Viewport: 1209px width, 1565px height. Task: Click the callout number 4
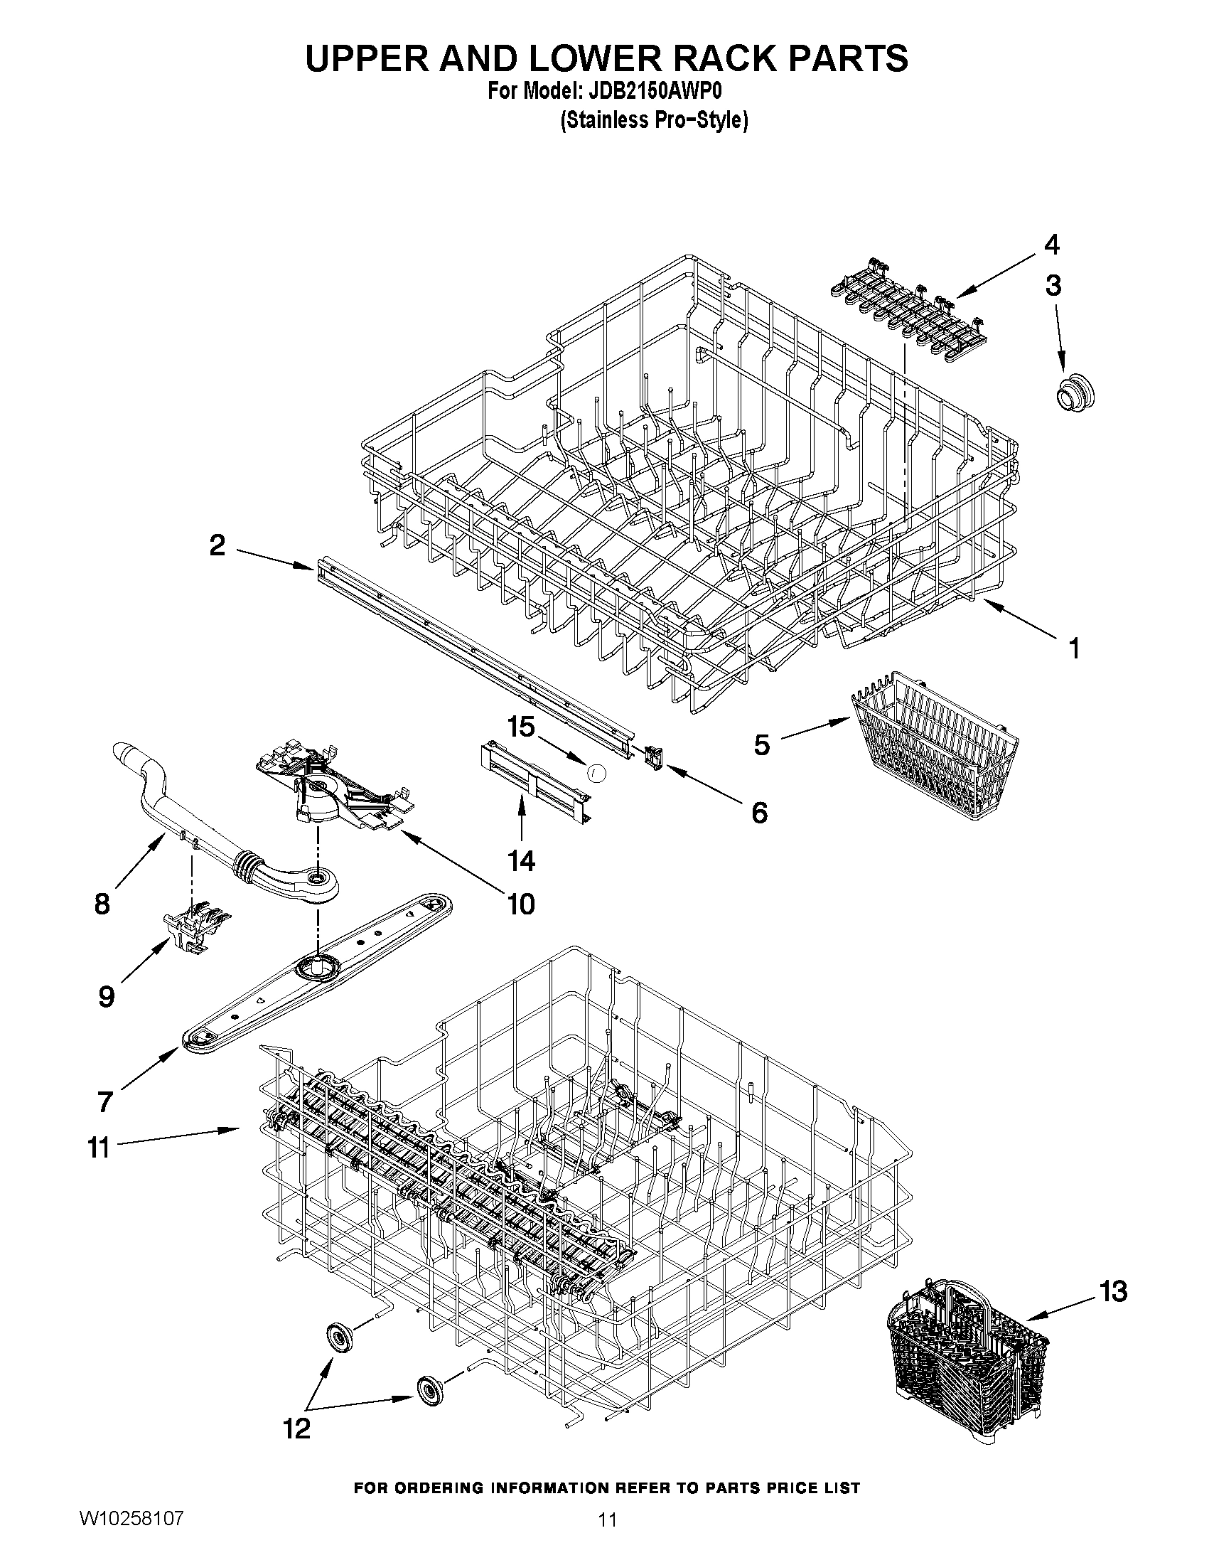tap(1050, 245)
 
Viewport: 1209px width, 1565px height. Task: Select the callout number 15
tap(521, 727)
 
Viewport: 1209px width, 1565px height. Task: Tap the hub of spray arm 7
tap(317, 968)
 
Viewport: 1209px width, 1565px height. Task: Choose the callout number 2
tap(217, 546)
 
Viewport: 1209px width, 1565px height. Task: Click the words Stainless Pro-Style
tap(653, 120)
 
